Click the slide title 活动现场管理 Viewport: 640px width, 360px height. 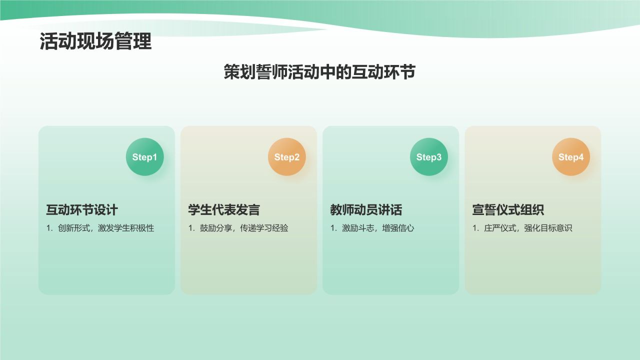(95, 42)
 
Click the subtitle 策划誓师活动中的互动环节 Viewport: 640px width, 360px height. (319, 72)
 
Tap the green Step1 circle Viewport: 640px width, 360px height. (144, 157)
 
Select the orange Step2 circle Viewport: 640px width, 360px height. (286, 157)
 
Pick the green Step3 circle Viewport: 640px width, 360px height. (428, 157)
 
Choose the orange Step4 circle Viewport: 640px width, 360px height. (570, 157)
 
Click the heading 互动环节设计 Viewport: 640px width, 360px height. (82, 209)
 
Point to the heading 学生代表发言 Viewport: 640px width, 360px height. (224, 209)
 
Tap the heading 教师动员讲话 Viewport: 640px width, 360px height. (366, 209)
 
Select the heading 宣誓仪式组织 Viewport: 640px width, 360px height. (508, 209)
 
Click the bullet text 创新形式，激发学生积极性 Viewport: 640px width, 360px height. (105, 228)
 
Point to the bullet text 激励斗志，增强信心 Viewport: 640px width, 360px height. (377, 228)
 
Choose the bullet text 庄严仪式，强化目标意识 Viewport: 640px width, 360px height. (527, 228)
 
